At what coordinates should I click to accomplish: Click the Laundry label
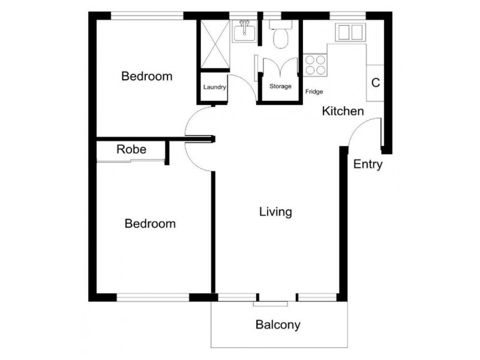214,88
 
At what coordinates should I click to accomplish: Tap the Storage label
280,86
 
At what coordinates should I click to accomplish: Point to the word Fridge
314,92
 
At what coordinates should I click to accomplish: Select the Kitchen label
343,111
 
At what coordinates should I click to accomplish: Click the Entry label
367,164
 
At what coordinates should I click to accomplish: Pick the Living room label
275,212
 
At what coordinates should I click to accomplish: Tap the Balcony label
278,325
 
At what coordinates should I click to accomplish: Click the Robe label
131,149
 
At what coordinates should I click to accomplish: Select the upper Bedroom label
147,76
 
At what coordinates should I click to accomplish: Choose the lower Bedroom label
150,224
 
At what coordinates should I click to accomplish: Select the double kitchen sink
350,32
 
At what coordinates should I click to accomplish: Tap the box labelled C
376,83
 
